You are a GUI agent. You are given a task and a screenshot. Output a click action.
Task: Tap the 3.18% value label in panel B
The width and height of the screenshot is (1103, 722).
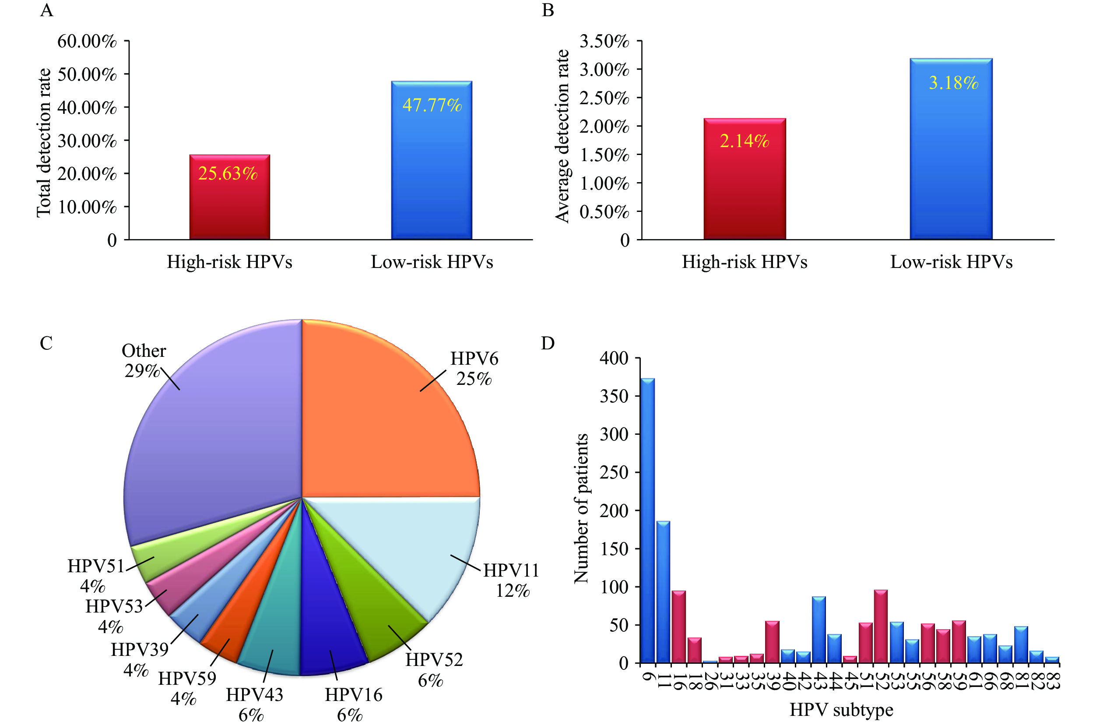click(953, 83)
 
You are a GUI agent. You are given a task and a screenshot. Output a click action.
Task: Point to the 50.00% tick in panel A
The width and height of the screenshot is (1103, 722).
click(87, 74)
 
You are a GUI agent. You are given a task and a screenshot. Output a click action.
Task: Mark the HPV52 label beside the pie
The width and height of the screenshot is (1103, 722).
click(434, 659)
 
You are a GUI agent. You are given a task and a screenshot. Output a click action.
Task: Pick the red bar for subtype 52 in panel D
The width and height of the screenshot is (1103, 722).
click(881, 627)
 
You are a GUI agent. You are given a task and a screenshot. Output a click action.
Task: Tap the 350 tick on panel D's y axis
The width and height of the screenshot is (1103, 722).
click(614, 396)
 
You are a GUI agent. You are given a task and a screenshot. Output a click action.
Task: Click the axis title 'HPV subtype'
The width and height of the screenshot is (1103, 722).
click(841, 710)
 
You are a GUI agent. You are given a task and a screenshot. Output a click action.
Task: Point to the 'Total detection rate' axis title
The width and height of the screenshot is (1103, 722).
click(44, 142)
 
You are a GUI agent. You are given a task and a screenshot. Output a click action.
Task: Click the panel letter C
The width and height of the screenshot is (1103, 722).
click(46, 344)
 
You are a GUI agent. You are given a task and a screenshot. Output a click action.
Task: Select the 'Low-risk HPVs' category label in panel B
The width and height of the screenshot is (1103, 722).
click(951, 262)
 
